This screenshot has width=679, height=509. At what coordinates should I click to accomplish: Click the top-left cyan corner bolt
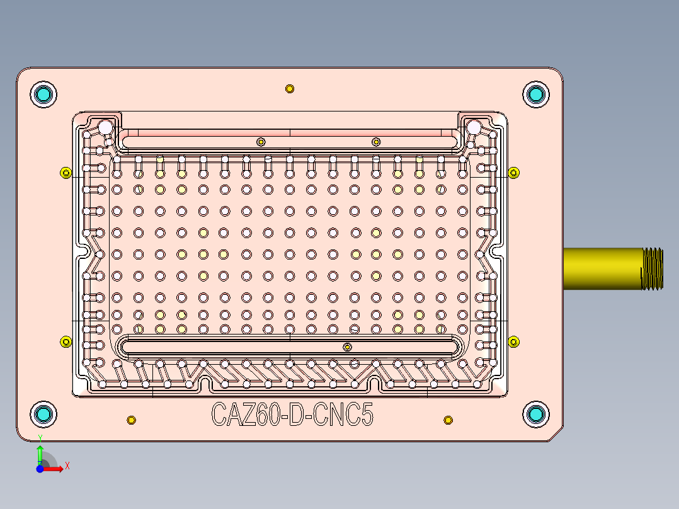click(43, 94)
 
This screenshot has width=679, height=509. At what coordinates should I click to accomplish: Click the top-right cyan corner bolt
click(536, 94)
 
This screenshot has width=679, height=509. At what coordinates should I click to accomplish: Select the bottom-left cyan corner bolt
click(43, 414)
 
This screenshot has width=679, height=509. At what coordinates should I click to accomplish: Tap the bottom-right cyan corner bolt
click(536, 414)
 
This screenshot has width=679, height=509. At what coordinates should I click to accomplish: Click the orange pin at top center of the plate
click(290, 89)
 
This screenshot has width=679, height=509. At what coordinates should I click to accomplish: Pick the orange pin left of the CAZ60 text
click(131, 420)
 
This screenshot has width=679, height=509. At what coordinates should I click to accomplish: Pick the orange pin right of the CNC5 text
click(448, 420)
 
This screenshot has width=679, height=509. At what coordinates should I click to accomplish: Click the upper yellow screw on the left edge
click(66, 173)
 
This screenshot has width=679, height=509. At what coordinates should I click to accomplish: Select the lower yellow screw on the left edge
click(66, 342)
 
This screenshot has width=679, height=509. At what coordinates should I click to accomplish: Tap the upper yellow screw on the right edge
click(513, 173)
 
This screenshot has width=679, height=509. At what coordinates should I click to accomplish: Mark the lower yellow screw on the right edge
click(513, 342)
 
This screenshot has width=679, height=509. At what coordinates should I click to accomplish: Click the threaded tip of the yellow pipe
click(653, 268)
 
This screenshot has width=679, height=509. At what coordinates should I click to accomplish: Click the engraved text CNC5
click(343, 415)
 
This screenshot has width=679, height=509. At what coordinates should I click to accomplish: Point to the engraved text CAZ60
click(246, 415)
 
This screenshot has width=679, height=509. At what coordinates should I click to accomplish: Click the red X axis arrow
click(54, 469)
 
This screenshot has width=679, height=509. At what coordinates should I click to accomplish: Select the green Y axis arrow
click(40, 455)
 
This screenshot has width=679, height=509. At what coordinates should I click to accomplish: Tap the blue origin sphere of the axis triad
click(40, 469)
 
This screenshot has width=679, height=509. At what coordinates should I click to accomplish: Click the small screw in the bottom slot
click(347, 347)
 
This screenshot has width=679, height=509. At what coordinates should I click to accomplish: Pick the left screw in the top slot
click(261, 142)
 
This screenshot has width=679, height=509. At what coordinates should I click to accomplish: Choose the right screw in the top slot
click(376, 142)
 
